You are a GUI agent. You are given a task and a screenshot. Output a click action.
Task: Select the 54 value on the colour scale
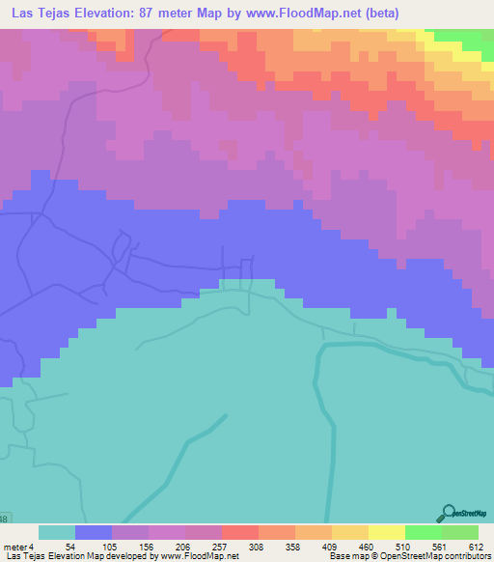[x=70, y=547]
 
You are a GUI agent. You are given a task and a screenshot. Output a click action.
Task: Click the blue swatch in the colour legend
[x=94, y=532]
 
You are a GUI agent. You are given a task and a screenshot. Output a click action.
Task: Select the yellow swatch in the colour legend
[x=386, y=532]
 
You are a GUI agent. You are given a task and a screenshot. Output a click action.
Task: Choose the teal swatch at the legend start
[x=57, y=532]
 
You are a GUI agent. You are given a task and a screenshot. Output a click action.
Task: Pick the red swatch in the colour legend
[x=240, y=532]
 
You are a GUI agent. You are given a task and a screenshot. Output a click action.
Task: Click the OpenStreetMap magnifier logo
[x=448, y=513]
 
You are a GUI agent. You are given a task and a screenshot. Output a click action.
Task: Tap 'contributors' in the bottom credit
[x=463, y=556]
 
